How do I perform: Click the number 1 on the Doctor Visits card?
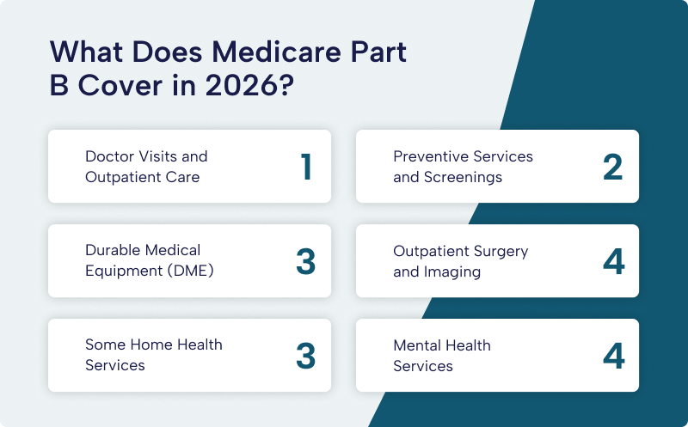[305, 167]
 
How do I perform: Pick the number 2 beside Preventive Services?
[612, 167]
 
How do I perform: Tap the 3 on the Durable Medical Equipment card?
[305, 261]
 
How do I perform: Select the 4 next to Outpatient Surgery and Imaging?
[613, 261]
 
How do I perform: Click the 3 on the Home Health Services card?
[305, 356]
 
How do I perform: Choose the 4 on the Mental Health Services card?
[613, 356]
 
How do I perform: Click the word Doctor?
[109, 156]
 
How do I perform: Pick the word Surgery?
[499, 251]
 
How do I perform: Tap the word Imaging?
[452, 272]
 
